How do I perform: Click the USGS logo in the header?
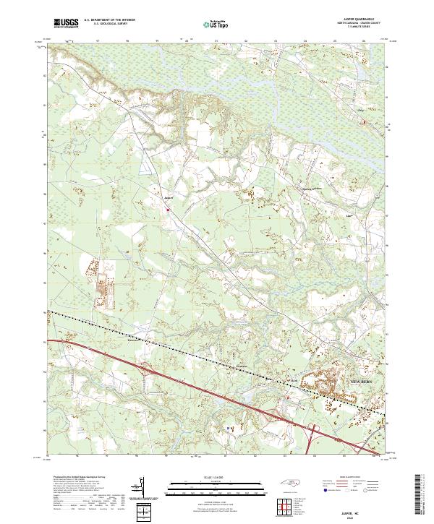tap(66, 24)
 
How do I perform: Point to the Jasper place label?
tap(169, 197)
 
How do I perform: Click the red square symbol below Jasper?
tap(169, 210)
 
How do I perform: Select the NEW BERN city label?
tap(359, 380)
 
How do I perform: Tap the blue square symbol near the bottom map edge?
tap(229, 428)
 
